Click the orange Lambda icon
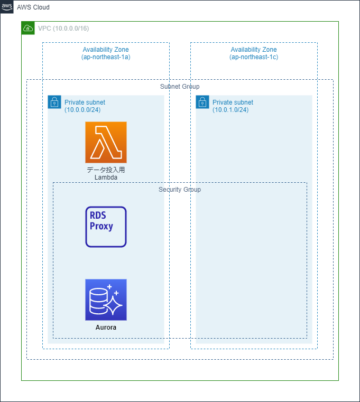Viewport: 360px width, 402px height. [x=106, y=142]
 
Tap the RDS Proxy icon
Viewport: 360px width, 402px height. [x=106, y=227]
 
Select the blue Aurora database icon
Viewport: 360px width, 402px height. [x=106, y=300]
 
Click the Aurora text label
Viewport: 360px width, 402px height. [x=106, y=328]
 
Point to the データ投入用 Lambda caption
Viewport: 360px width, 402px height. [x=106, y=174]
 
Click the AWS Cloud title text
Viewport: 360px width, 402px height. [x=33, y=7]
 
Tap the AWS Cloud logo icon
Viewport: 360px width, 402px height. [x=7, y=7]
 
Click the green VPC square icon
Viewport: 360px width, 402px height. [x=28, y=28]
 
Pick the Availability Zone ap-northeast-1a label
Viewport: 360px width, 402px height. [x=106, y=53]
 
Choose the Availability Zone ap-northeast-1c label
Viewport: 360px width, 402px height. [x=254, y=53]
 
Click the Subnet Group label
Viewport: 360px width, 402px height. [x=180, y=86]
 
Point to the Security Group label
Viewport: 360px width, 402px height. [x=180, y=189]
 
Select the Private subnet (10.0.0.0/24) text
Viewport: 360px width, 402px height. [x=85, y=106]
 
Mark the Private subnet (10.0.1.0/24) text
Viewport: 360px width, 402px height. [x=233, y=106]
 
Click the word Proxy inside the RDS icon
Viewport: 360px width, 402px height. [x=101, y=227]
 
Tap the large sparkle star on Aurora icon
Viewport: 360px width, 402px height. [x=113, y=305]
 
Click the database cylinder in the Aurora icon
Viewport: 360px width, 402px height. [x=98, y=300]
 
